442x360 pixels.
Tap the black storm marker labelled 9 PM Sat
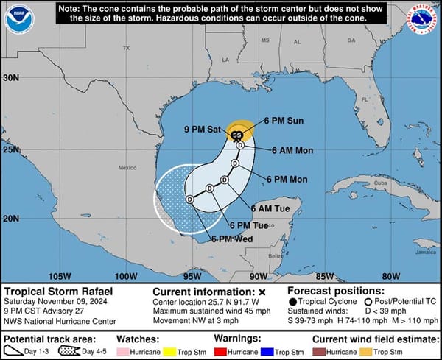(236, 135)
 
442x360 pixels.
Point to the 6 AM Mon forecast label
(292, 151)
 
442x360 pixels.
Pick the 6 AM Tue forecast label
(274, 209)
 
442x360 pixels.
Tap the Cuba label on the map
(379, 183)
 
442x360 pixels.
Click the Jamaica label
(425, 252)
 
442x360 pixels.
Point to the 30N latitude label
(10, 77)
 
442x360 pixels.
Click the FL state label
(363, 99)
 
